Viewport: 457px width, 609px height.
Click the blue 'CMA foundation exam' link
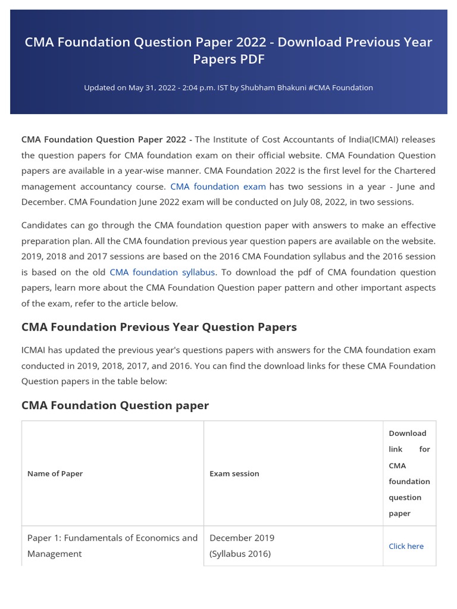click(218, 186)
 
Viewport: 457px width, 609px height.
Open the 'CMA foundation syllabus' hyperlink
click(162, 272)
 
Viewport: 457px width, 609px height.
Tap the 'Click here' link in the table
click(406, 546)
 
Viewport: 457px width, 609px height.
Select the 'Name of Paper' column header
click(55, 473)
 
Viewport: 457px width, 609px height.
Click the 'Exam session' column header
click(234, 473)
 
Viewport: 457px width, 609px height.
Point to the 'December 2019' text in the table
click(242, 538)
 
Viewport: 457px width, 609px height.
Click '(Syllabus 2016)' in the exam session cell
click(240, 554)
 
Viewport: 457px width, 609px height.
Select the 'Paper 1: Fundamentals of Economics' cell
click(112, 538)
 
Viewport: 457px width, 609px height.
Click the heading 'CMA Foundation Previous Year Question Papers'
click(159, 327)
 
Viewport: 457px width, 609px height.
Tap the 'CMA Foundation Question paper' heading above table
click(115, 406)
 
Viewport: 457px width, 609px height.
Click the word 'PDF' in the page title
click(253, 59)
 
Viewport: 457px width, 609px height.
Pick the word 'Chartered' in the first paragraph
click(415, 171)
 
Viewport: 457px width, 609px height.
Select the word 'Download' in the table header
click(407, 433)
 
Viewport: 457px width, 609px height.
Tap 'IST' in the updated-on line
click(223, 87)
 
